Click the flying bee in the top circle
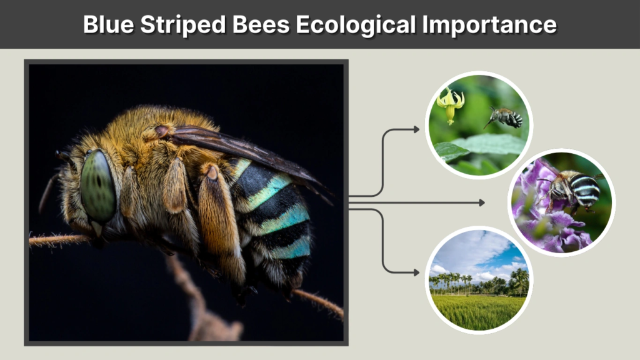(506, 117)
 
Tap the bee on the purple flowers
(575, 187)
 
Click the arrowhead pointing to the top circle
(416, 129)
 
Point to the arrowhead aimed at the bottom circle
(416, 272)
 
